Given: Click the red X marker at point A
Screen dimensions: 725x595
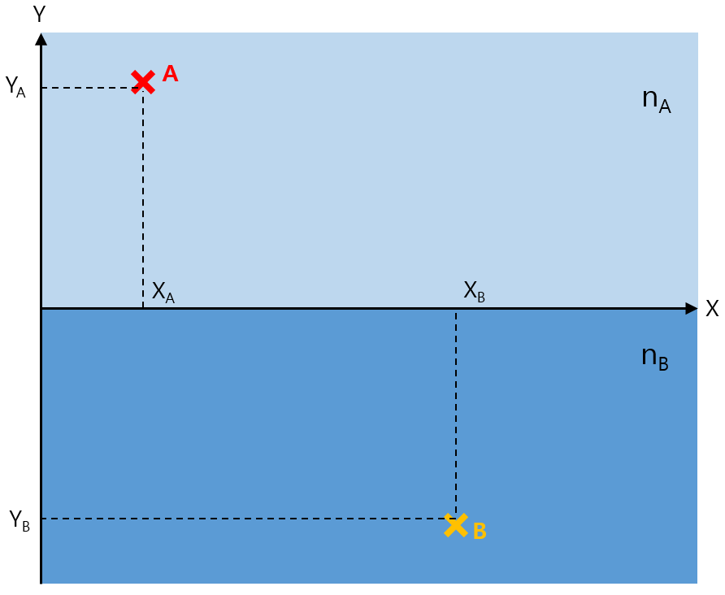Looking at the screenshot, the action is point(143,81).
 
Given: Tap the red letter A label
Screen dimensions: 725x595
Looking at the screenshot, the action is point(170,74).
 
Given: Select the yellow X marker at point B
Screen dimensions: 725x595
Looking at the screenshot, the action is point(456,525).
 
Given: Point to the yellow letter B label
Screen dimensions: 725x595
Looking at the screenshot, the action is point(480,532).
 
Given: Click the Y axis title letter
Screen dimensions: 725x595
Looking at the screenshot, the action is point(38,14).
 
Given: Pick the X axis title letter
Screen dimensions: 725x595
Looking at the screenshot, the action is point(712,309).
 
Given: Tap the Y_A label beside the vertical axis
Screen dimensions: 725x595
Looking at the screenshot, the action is point(15,86).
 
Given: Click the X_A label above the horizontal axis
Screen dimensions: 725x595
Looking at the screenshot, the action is point(163,292).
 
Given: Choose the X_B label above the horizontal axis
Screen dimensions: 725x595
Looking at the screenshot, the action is point(475,292).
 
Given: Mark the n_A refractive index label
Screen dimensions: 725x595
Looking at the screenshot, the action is point(656,101).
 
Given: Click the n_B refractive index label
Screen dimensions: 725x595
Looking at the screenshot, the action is point(655,358).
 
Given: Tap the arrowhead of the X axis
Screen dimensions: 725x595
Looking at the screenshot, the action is point(692,309).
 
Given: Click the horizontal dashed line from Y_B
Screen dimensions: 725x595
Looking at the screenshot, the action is point(244,519).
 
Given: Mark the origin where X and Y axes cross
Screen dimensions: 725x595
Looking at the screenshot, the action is point(41,309).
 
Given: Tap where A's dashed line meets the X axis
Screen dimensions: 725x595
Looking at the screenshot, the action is point(143,309).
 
